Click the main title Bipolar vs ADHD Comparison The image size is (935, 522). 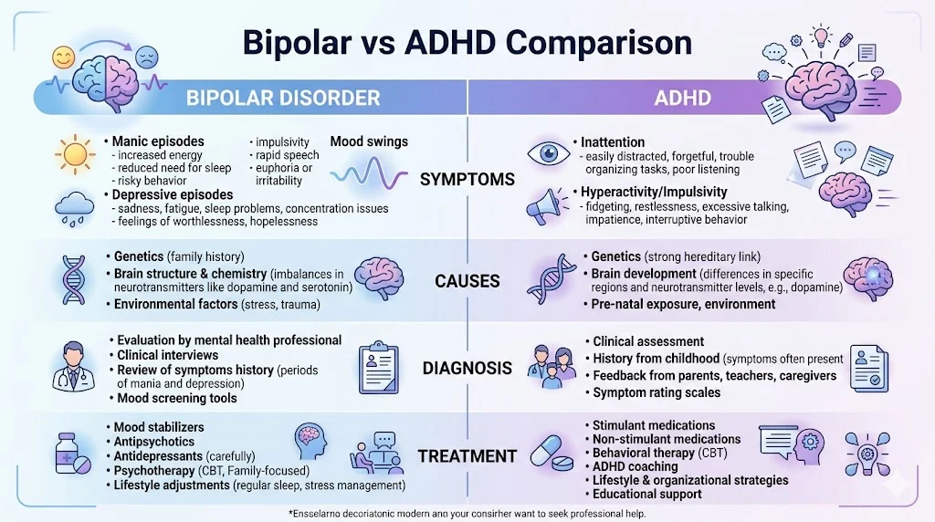click(467, 42)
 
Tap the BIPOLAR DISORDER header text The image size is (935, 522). click(283, 98)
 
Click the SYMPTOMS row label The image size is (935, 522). click(467, 180)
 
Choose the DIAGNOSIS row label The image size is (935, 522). click(467, 369)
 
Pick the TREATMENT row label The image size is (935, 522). click(467, 455)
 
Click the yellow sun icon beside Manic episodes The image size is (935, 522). click(70, 151)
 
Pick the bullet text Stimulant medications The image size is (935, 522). click(654, 425)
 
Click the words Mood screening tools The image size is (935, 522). click(177, 398)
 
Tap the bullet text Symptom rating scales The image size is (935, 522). click(657, 392)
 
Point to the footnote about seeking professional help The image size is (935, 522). click(467, 513)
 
